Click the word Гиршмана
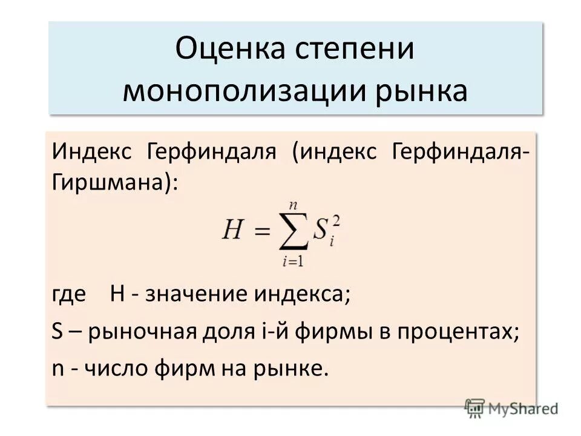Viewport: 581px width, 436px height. tap(111, 181)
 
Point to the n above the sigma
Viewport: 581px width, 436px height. tap(292, 208)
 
